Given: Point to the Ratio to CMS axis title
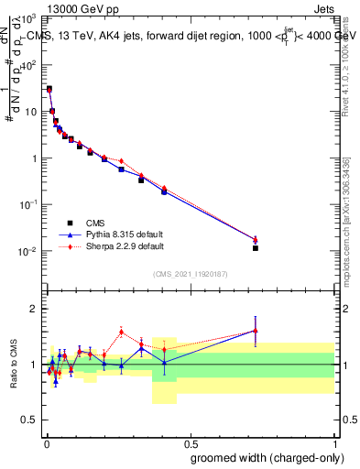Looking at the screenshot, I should click(x=14, y=365).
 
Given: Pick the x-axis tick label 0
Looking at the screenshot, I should click(x=46, y=442).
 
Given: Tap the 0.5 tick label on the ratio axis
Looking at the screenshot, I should click(x=29, y=420).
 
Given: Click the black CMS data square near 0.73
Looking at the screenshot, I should click(x=256, y=247).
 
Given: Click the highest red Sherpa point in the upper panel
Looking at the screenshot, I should click(x=49, y=91).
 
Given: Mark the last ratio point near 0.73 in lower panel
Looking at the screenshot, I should click(x=256, y=331).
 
